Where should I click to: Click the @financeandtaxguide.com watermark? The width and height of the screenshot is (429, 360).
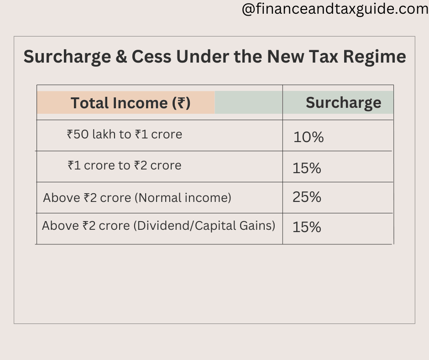tap(335, 10)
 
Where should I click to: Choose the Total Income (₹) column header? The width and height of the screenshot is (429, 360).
tap(130, 103)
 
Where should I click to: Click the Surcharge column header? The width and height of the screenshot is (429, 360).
tap(343, 103)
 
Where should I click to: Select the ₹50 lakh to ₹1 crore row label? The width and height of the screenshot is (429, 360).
tap(125, 134)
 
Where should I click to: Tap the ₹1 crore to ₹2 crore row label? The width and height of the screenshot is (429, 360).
tap(125, 165)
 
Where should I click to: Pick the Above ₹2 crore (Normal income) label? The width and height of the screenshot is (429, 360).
tap(137, 198)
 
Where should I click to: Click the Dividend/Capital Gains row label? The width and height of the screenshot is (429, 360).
tap(158, 226)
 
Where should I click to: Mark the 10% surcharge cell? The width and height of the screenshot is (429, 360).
tap(309, 137)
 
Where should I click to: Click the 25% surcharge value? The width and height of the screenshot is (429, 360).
tap(307, 197)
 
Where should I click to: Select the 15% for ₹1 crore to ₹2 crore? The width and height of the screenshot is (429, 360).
tap(307, 169)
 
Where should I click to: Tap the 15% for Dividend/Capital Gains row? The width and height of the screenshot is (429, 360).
tap(307, 227)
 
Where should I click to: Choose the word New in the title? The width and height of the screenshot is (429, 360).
tap(283, 57)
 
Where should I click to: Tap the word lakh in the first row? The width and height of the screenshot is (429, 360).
tap(105, 134)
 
